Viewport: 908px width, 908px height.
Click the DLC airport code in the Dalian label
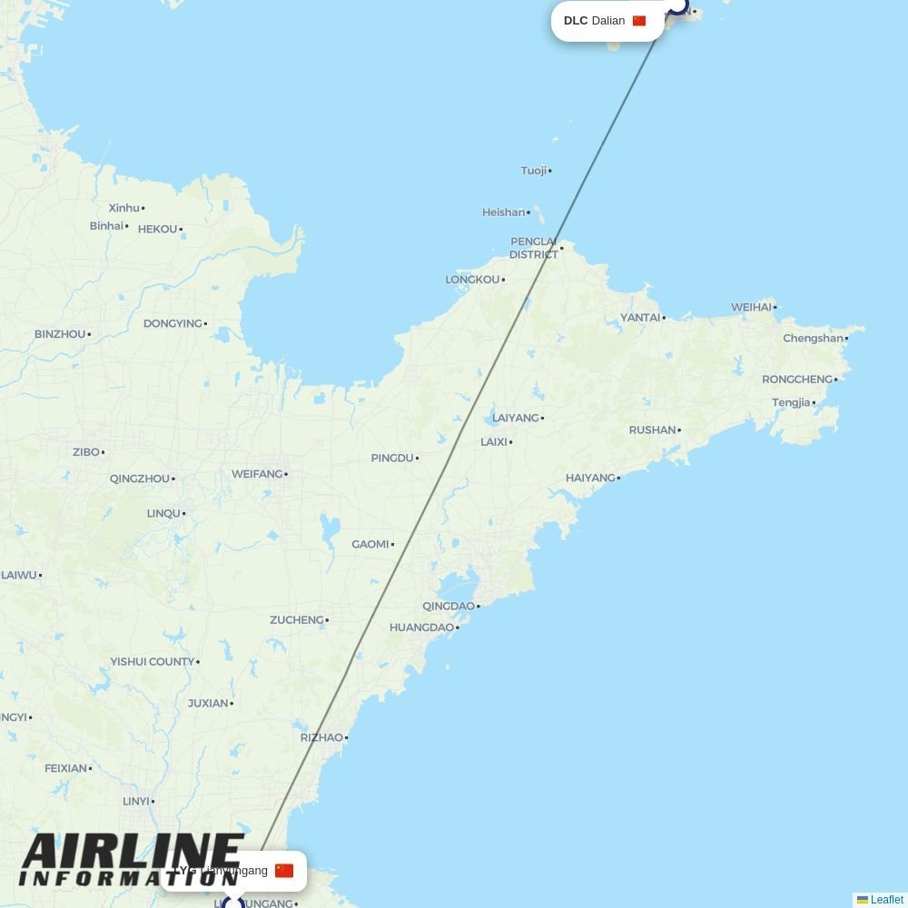click(x=576, y=21)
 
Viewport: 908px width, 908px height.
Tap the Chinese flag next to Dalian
click(x=639, y=21)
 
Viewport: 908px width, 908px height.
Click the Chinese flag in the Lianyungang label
click(x=284, y=871)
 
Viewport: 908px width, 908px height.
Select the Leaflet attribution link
click(x=886, y=900)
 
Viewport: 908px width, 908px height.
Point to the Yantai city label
click(x=640, y=318)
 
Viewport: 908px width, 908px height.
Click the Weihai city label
click(x=751, y=308)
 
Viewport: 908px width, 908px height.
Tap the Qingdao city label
click(x=449, y=607)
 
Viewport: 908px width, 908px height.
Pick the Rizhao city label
click(x=321, y=738)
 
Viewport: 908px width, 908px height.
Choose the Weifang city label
click(x=257, y=474)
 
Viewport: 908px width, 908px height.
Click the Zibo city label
click(x=86, y=452)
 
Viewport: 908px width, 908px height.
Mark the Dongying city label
click(x=173, y=324)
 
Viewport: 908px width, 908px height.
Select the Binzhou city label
click(x=60, y=334)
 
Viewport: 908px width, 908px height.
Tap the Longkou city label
click(x=472, y=280)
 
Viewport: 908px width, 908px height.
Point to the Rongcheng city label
click(x=797, y=380)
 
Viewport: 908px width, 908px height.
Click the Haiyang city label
click(x=590, y=479)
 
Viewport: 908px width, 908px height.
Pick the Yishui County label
click(x=152, y=662)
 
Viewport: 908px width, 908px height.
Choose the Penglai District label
click(x=533, y=248)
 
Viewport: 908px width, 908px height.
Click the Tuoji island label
click(x=534, y=171)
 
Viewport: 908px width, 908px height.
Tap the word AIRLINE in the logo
click(x=132, y=853)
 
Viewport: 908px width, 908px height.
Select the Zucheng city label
click(x=296, y=620)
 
